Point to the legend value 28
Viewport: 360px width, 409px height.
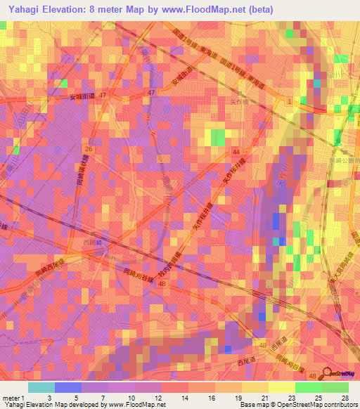343,398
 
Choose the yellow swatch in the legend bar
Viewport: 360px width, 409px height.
281,387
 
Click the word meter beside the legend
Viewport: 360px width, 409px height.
11,398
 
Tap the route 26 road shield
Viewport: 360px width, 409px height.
89,149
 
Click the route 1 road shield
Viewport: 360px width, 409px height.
289,102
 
